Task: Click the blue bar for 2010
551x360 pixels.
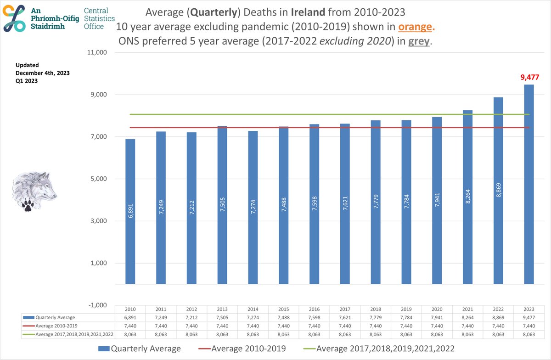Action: point(130,211)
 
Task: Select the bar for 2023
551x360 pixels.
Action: point(529,184)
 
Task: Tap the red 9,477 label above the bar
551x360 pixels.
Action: point(529,78)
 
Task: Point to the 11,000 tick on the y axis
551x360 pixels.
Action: point(97,53)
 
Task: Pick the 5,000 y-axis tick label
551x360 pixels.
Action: point(98,179)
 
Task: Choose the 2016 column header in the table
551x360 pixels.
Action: point(314,309)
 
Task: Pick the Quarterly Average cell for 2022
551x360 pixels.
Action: point(498,317)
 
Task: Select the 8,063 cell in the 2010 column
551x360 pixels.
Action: point(130,335)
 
